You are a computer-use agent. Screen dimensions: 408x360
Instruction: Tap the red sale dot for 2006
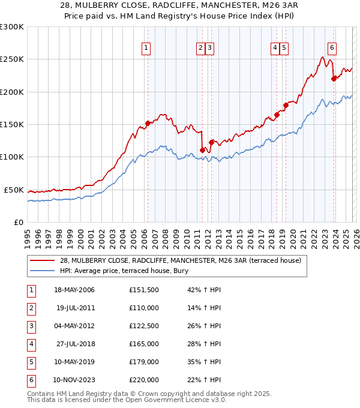point(148,124)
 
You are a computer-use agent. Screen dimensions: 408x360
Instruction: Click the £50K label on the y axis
point(14,190)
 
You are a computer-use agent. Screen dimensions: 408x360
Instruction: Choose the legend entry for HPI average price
point(124,271)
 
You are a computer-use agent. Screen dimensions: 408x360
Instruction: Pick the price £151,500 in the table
point(143,290)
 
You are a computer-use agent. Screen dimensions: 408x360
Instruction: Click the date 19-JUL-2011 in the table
point(75,308)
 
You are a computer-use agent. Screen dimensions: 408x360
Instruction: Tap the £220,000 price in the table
point(143,380)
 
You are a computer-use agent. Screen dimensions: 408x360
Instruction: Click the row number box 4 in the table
point(31,344)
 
